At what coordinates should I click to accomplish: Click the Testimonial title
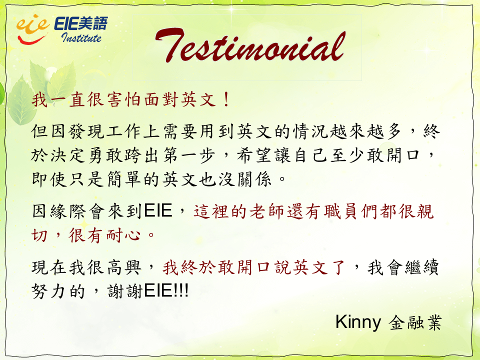pos(250,45)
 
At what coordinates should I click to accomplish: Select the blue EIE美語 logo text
pos(81,23)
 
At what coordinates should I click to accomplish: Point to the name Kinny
pos(358,322)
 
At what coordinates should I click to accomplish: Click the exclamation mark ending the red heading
pos(226,100)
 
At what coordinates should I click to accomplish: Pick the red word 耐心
pos(123,235)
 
